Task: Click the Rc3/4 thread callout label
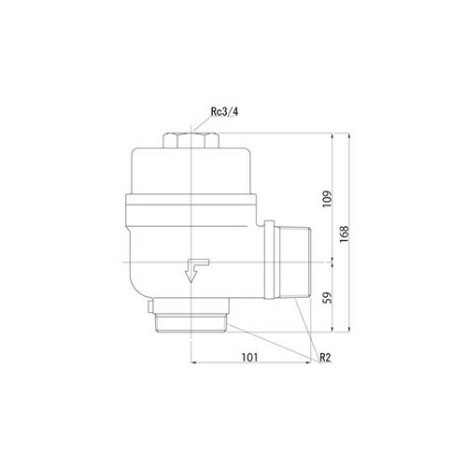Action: [x=224, y=112]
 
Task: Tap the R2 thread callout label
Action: [x=325, y=358]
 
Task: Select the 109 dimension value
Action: [x=328, y=200]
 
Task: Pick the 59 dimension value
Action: [x=328, y=297]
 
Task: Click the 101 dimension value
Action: [x=250, y=358]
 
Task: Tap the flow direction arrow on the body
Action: [x=196, y=270]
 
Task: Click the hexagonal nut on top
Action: [x=191, y=140]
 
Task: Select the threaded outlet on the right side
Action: [x=295, y=262]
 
